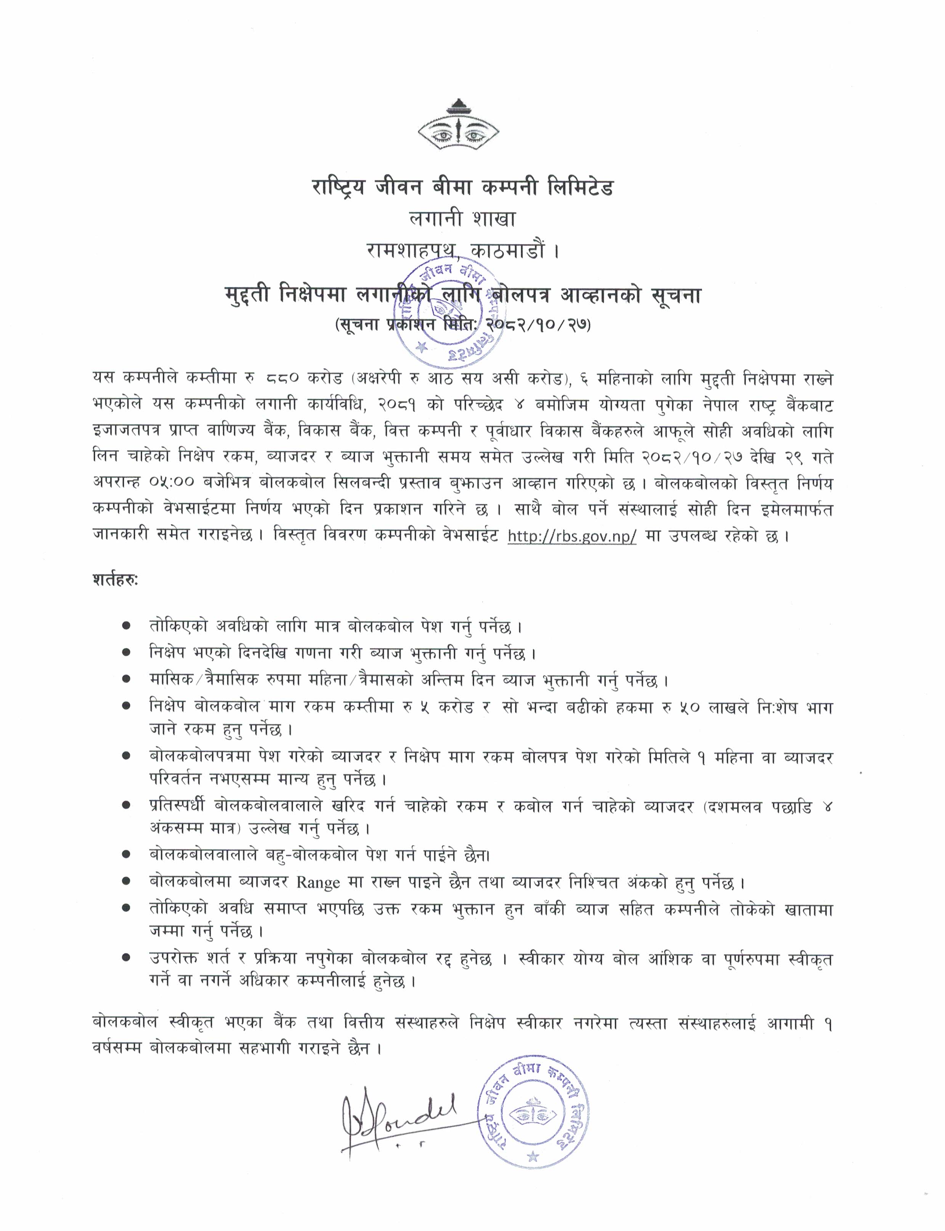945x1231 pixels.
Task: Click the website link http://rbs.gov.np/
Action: tap(572, 536)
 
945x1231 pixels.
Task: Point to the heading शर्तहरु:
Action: tap(115, 580)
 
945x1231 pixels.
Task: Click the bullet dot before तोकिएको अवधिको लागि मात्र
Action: tap(127, 626)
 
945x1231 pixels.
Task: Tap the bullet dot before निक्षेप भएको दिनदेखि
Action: tap(127, 653)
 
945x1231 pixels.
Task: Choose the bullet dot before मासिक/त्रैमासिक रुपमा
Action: tap(127, 680)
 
